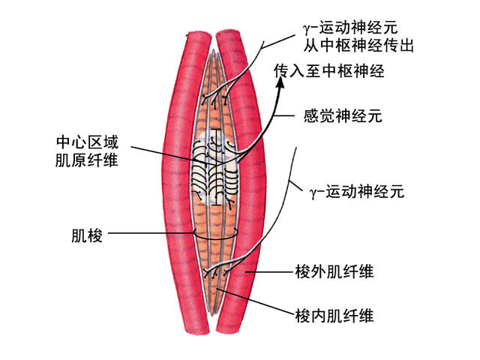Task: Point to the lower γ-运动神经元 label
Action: click(x=356, y=192)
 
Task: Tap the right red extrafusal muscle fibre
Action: click(x=255, y=187)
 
